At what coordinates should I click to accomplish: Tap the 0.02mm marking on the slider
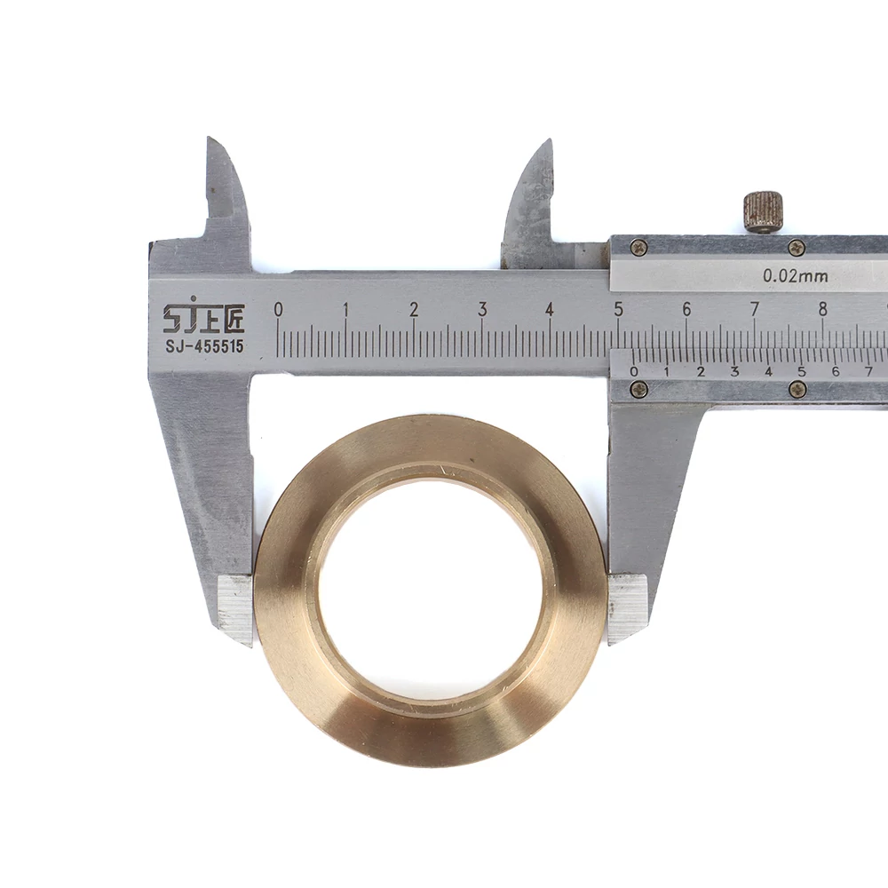[x=795, y=276]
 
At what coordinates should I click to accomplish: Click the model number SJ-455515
[x=204, y=346]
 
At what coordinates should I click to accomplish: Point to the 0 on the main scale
[x=277, y=309]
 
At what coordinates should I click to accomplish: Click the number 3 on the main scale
[x=482, y=309]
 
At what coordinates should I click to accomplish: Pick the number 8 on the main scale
[x=822, y=309]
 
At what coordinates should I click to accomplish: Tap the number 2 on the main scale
[x=414, y=309]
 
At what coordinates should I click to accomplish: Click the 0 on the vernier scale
[x=634, y=371]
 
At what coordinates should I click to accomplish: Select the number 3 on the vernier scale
[x=734, y=371]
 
